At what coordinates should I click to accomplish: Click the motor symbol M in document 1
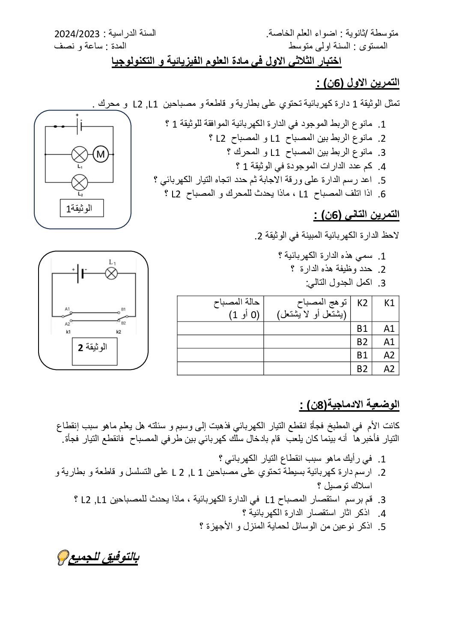[101, 154]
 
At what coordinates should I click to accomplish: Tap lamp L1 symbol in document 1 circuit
[79, 154]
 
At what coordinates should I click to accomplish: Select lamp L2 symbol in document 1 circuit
[79, 183]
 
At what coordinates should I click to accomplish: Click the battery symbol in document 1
[79, 126]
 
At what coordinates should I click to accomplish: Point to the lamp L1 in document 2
[112, 273]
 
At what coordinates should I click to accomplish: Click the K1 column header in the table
[389, 303]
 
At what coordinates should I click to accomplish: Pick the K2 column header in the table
[362, 303]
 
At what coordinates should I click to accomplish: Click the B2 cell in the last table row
[362, 369]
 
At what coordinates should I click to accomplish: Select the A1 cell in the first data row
[389, 328]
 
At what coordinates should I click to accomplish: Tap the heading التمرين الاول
[358, 83]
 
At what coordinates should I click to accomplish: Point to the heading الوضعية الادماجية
[349, 404]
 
